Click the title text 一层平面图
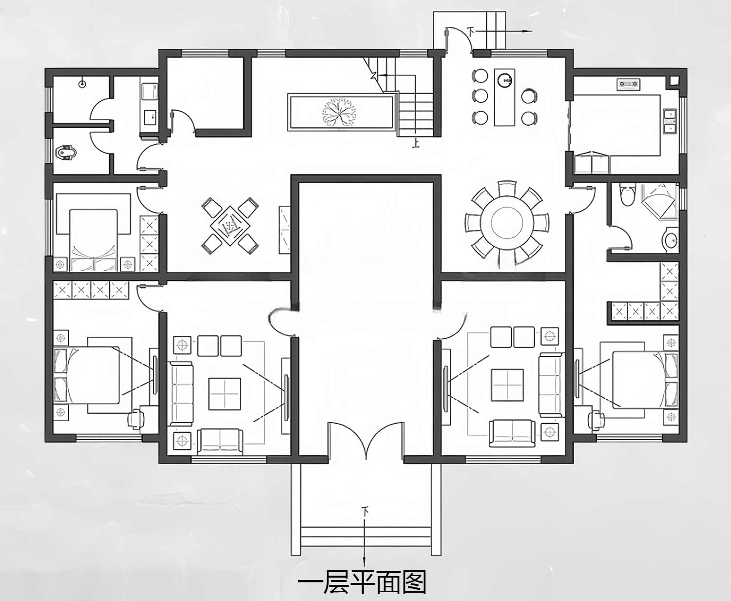click(362, 582)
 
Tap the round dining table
click(507, 223)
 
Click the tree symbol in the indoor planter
click(339, 112)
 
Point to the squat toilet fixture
click(66, 152)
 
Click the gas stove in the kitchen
click(628, 84)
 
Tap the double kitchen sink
click(670, 121)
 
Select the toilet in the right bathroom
click(628, 195)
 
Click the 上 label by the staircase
click(416, 143)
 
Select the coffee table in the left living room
click(224, 393)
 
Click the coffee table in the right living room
click(507, 385)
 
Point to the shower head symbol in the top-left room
click(82, 83)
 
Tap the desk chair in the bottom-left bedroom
click(136, 419)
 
